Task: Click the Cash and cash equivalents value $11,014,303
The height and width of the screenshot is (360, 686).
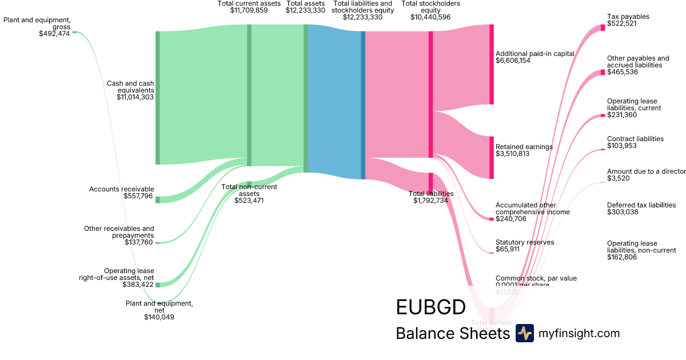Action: (x=135, y=97)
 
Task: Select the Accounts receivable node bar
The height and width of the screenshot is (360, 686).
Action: (x=158, y=199)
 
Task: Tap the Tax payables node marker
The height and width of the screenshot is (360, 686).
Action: (x=603, y=27)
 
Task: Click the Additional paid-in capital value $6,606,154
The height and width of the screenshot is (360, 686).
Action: (x=513, y=61)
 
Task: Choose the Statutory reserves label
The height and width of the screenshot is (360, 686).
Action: (x=525, y=242)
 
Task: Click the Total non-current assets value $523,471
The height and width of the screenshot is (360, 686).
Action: (x=249, y=201)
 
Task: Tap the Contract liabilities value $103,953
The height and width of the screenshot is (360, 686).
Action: (x=622, y=146)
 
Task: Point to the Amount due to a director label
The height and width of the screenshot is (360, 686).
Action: (x=646, y=171)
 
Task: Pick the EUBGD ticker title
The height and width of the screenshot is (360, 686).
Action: (x=430, y=307)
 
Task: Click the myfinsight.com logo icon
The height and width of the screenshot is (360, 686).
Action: (x=524, y=333)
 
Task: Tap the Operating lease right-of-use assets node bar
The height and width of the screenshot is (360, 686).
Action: (x=158, y=284)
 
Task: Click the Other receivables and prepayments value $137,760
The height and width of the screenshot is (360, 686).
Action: (x=139, y=242)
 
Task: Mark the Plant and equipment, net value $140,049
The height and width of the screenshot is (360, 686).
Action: (x=159, y=317)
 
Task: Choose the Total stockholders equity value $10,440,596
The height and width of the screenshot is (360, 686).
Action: (x=430, y=17)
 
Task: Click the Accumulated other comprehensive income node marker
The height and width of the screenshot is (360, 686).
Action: (x=491, y=219)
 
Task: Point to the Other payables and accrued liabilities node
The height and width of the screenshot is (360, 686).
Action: (x=603, y=73)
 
